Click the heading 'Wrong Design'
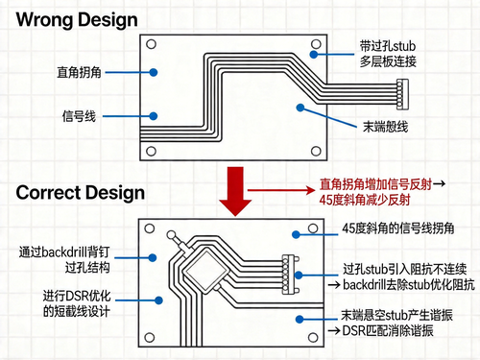(x=77, y=19)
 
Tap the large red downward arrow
(x=230, y=190)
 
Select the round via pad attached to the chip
(x=171, y=236)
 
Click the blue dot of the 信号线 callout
(x=154, y=117)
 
